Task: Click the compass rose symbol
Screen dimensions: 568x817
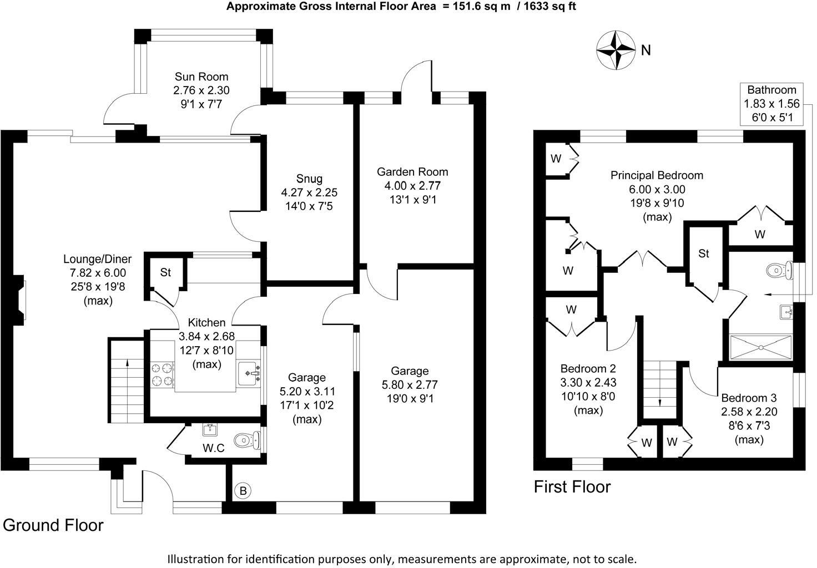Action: tap(616, 50)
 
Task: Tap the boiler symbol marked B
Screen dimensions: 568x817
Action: tap(243, 490)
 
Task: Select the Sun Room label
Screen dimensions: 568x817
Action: tap(201, 77)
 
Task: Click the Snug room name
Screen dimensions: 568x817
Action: tap(309, 179)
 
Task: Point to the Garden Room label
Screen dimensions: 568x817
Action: tap(412, 172)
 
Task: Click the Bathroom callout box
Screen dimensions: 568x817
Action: tap(771, 103)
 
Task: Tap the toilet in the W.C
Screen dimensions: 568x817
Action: tap(246, 440)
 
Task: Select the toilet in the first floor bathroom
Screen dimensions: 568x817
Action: tap(777, 271)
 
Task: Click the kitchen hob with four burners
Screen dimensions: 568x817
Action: tap(162, 374)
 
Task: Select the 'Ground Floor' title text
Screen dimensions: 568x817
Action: tap(53, 525)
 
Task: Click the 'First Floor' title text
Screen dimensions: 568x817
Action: tap(572, 487)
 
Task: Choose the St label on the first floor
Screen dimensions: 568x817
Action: tap(704, 253)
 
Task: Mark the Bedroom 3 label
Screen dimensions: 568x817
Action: tap(749, 398)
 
